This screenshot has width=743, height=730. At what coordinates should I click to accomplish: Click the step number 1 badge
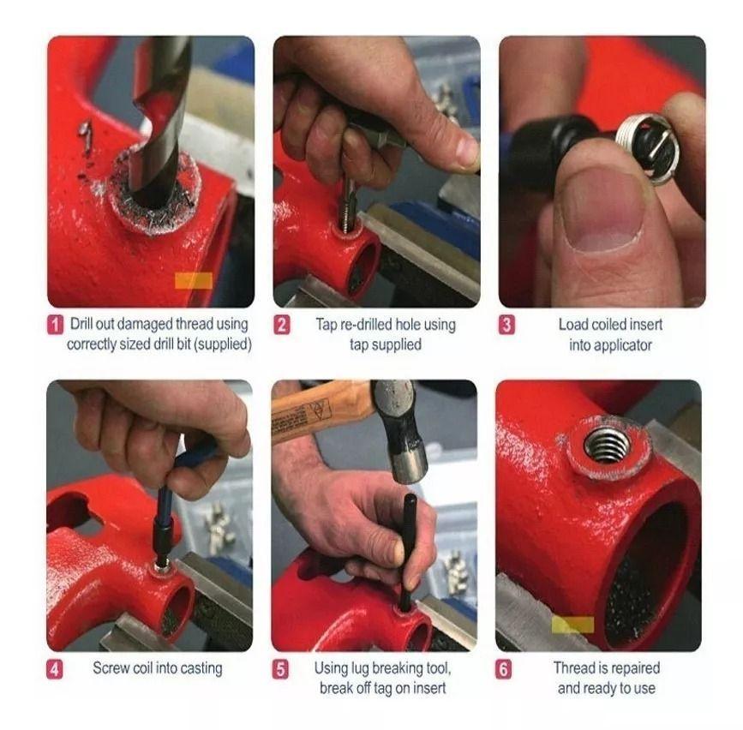pos(55,326)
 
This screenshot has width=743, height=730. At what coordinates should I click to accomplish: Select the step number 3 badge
pos(507,326)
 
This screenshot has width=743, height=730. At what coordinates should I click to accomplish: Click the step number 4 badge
pos(55,669)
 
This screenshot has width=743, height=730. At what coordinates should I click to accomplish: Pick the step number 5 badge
pos(281,669)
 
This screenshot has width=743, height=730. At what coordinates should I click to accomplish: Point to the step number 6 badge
pos(506,669)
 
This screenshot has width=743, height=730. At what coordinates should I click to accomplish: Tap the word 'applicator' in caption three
pos(610,345)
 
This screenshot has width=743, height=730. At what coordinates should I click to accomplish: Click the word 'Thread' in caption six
pos(576,668)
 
